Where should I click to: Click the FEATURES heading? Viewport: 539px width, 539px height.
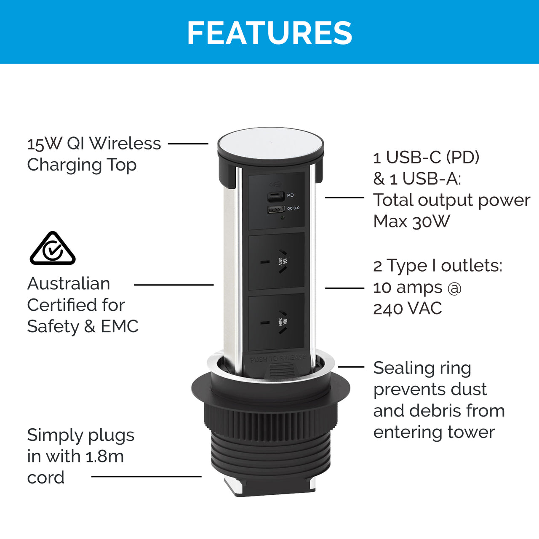[x=269, y=33]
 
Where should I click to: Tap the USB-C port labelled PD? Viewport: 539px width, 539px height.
[x=275, y=196]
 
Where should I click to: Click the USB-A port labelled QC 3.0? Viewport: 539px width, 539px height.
[x=276, y=209]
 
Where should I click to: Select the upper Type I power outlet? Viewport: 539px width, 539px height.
[x=276, y=261]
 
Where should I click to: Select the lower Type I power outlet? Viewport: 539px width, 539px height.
[x=276, y=322]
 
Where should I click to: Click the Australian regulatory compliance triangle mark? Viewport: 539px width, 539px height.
[x=53, y=248]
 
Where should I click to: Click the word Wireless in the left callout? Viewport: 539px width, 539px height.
[x=125, y=144]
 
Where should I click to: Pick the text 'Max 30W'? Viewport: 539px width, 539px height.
[x=411, y=221]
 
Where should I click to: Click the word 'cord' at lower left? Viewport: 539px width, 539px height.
[x=46, y=478]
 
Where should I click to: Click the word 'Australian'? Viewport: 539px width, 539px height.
[x=69, y=284]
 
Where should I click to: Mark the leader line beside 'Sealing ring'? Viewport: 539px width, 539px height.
[x=351, y=367]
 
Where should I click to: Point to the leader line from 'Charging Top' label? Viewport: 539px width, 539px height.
[x=188, y=144]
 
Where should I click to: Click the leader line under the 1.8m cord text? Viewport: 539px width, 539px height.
[x=146, y=476]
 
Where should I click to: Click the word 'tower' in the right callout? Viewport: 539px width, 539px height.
[x=471, y=432]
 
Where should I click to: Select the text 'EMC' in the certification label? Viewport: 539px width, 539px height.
[x=120, y=326]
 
